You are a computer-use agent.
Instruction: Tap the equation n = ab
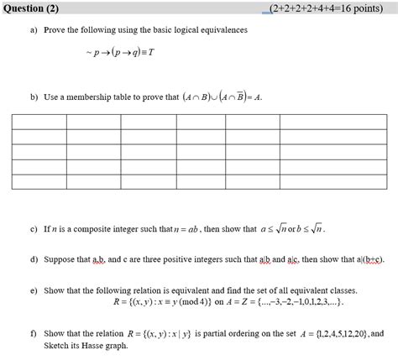point(185,227)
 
